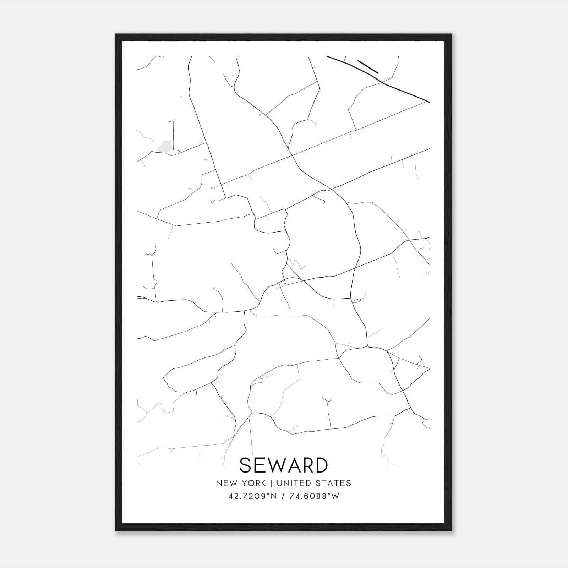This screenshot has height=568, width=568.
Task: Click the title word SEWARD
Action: (x=284, y=465)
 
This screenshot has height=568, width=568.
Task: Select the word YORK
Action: (x=253, y=483)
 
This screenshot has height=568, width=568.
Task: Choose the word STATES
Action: (x=334, y=483)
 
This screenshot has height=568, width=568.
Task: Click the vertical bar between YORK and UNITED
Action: (x=271, y=483)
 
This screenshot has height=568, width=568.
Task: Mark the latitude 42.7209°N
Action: (x=252, y=496)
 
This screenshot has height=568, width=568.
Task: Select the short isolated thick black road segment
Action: (x=368, y=67)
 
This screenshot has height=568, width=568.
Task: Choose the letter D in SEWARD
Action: (x=320, y=465)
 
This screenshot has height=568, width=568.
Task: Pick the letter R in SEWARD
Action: (x=307, y=465)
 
